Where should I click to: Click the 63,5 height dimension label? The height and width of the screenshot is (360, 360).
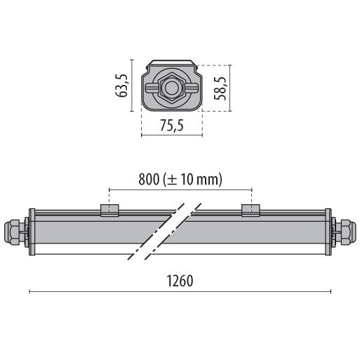tap(121, 86)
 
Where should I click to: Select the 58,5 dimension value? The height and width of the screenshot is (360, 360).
tap(220, 88)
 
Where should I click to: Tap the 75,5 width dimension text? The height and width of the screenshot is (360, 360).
tap(172, 126)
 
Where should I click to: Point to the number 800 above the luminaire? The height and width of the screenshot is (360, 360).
tap(149, 180)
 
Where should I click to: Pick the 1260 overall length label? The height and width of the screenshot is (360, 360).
tap(180, 281)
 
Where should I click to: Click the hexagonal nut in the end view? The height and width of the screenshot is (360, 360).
tap(171, 88)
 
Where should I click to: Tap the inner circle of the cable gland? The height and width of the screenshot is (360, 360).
tap(171, 88)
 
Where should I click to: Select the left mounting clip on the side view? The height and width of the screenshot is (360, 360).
tap(109, 211)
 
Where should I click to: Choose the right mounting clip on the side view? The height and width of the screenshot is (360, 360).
tap(251, 211)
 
